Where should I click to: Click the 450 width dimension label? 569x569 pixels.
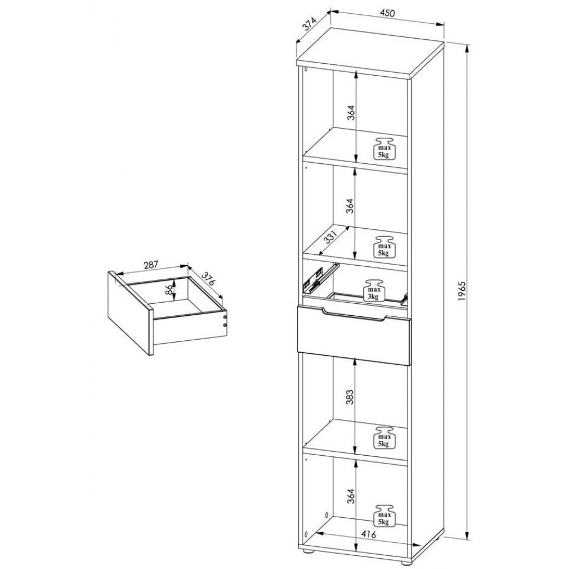[x=387, y=13]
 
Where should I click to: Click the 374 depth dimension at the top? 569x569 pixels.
[x=309, y=25]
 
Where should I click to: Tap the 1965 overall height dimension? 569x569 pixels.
[x=461, y=290]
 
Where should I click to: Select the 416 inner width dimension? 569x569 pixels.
[x=368, y=534]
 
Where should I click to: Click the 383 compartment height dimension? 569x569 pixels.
[x=349, y=397]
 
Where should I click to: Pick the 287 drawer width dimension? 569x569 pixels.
[x=151, y=265]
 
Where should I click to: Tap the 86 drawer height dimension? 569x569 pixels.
[x=168, y=290]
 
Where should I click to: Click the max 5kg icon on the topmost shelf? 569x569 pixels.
[x=384, y=149]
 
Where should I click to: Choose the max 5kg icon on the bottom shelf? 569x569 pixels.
[x=384, y=516]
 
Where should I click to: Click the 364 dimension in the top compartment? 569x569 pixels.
[x=350, y=113]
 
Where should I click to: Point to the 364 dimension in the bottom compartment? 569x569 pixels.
[x=350, y=496]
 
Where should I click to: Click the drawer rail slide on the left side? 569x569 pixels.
[x=319, y=278]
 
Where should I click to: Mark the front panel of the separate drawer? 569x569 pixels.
[x=131, y=312]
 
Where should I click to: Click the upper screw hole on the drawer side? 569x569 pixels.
[x=225, y=317]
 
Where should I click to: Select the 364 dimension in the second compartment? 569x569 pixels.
[x=350, y=206]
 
